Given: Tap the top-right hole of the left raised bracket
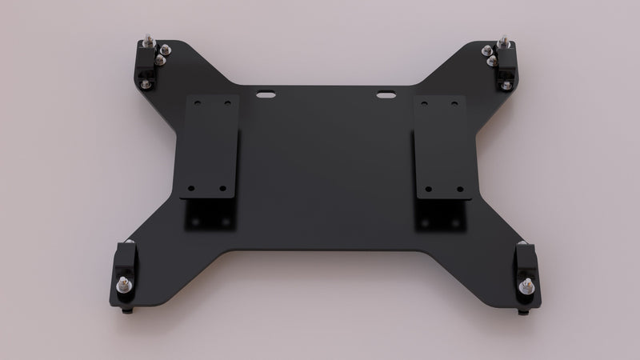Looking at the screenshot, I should [228, 104].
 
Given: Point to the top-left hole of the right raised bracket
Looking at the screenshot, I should [422, 104].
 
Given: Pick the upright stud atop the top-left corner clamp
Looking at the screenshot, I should [149, 41].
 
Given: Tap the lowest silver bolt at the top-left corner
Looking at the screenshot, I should [160, 60].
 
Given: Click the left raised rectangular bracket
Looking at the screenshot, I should [210, 147].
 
